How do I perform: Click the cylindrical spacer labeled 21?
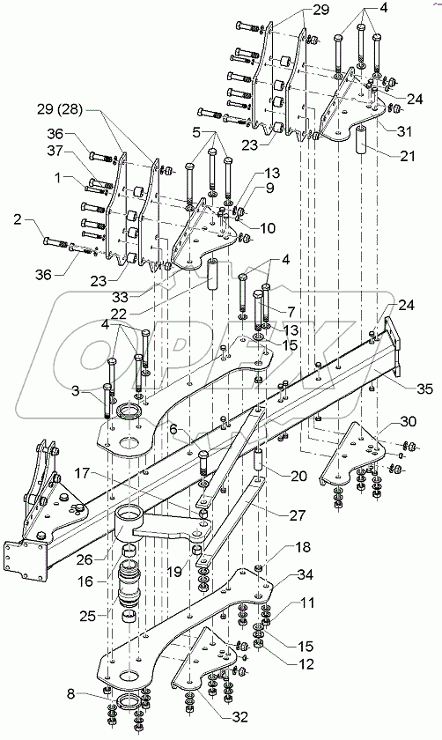click(362, 144)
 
